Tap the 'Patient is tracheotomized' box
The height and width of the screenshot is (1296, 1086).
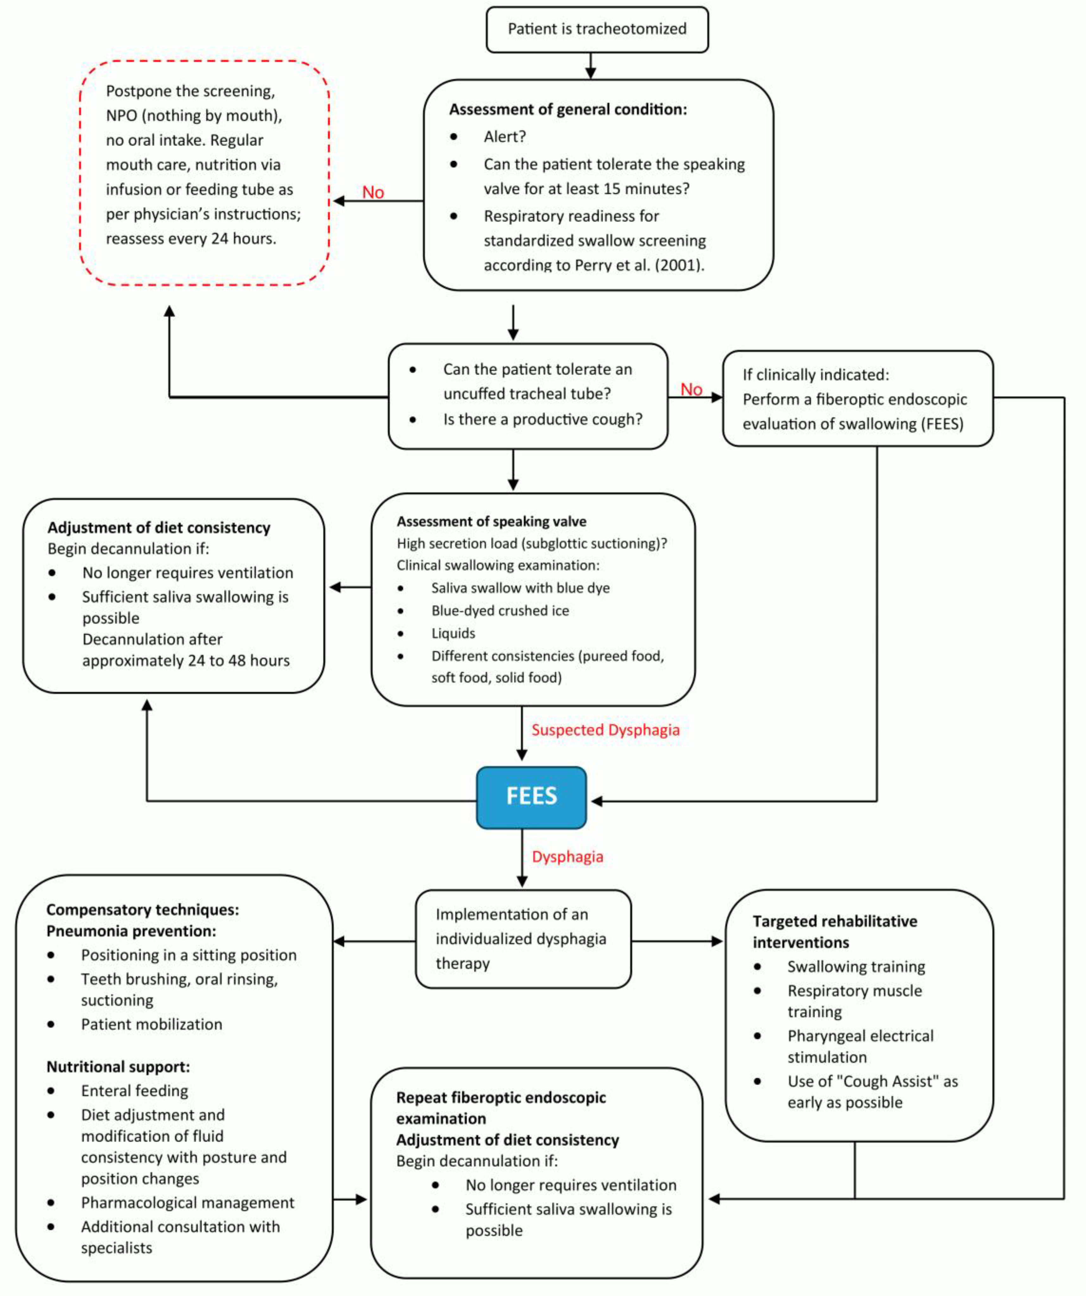pyautogui.click(x=597, y=29)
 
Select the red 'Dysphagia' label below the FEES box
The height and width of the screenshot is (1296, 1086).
pyautogui.click(x=567, y=857)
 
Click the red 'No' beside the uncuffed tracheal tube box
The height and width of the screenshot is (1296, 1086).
pyautogui.click(x=691, y=389)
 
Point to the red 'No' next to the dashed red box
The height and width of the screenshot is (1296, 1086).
pyautogui.click(x=373, y=193)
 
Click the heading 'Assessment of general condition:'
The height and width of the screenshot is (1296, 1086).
pyautogui.click(x=568, y=109)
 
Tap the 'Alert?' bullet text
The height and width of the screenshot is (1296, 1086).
pyautogui.click(x=504, y=136)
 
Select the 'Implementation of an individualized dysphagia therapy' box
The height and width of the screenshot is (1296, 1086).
pyautogui.click(x=523, y=939)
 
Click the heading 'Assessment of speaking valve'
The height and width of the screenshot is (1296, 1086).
pyautogui.click(x=491, y=522)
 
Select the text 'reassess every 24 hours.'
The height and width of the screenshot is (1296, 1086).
pyautogui.click(x=191, y=239)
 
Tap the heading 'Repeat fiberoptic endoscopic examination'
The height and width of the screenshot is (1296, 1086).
pyautogui.click(x=501, y=1108)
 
